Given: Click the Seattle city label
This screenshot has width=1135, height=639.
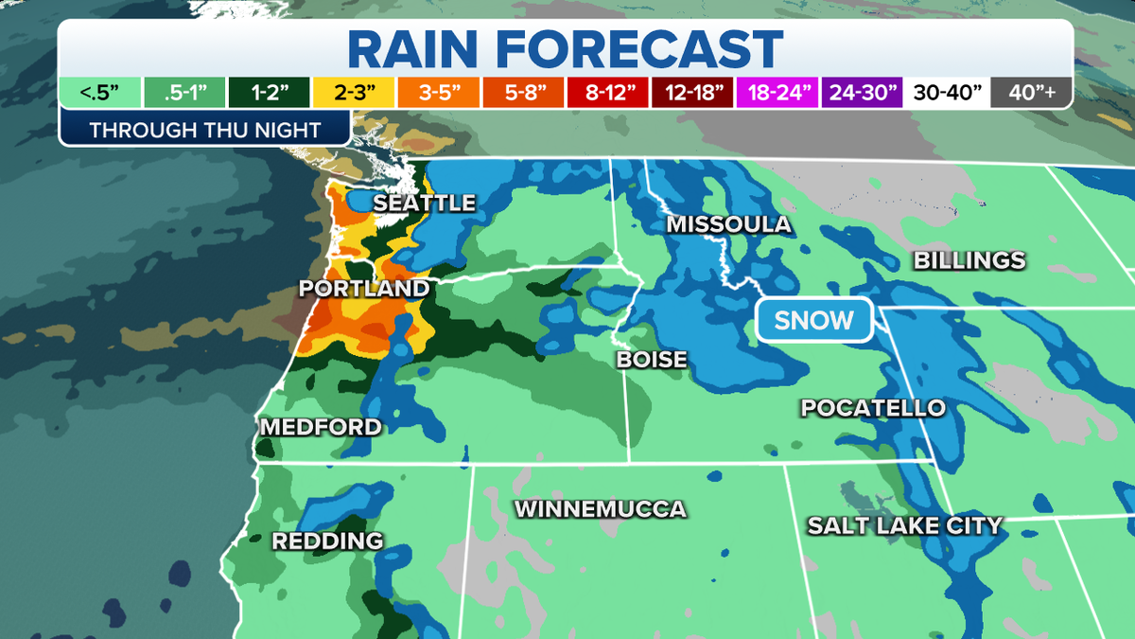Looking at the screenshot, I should point(424,204).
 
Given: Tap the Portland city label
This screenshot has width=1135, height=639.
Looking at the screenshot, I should point(363,288).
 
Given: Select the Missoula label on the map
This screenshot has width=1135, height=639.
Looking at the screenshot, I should point(728,224).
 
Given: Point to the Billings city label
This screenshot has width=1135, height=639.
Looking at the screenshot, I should point(969,260).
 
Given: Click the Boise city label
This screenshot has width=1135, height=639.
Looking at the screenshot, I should point(652,360).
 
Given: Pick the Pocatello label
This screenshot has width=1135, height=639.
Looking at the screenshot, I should point(873,408).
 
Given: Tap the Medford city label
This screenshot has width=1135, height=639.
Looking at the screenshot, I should point(321,427).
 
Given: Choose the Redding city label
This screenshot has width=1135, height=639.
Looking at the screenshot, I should point(327,541).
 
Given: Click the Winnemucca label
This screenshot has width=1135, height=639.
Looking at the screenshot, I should point(600,509).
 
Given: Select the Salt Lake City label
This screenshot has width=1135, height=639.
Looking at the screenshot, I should point(903,525).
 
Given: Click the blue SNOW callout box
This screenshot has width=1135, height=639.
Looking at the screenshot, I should point(813,320).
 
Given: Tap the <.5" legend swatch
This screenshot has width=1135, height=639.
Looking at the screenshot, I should point(99,93).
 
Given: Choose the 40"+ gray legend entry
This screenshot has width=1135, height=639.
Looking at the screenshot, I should point(1031,93).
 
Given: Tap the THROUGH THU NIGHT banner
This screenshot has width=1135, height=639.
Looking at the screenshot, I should point(205,130).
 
